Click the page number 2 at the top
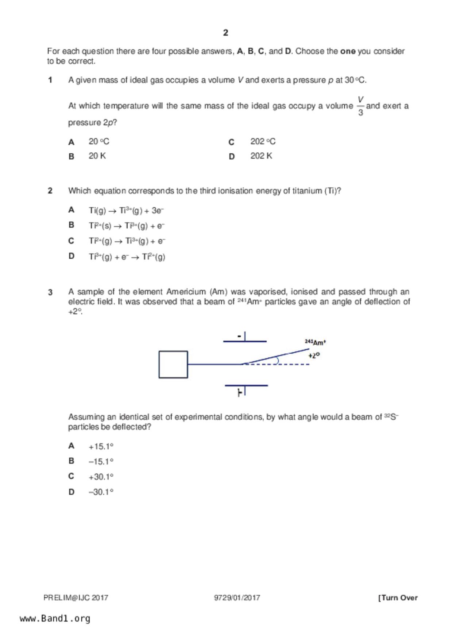tap(225, 33)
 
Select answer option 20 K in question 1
tap(97, 156)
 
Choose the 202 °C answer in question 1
tap(263, 141)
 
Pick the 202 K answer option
tap(261, 156)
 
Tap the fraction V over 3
tap(360, 106)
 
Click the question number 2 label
tap(50, 191)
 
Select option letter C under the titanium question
tap(71, 241)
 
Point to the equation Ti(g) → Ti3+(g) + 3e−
tap(126, 211)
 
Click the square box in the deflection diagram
tap(173, 364)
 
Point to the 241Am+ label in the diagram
tap(315, 342)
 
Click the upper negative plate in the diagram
tap(245, 341)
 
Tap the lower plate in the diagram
tap(246, 385)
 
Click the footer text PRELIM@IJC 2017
tap(76, 598)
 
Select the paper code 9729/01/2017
tap(237, 598)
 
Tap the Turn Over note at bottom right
tap(398, 598)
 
